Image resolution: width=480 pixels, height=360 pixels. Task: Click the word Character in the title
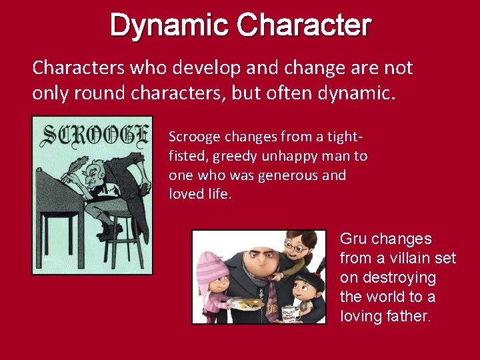(304, 26)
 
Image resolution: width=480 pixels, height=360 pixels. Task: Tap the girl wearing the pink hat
(215, 287)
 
